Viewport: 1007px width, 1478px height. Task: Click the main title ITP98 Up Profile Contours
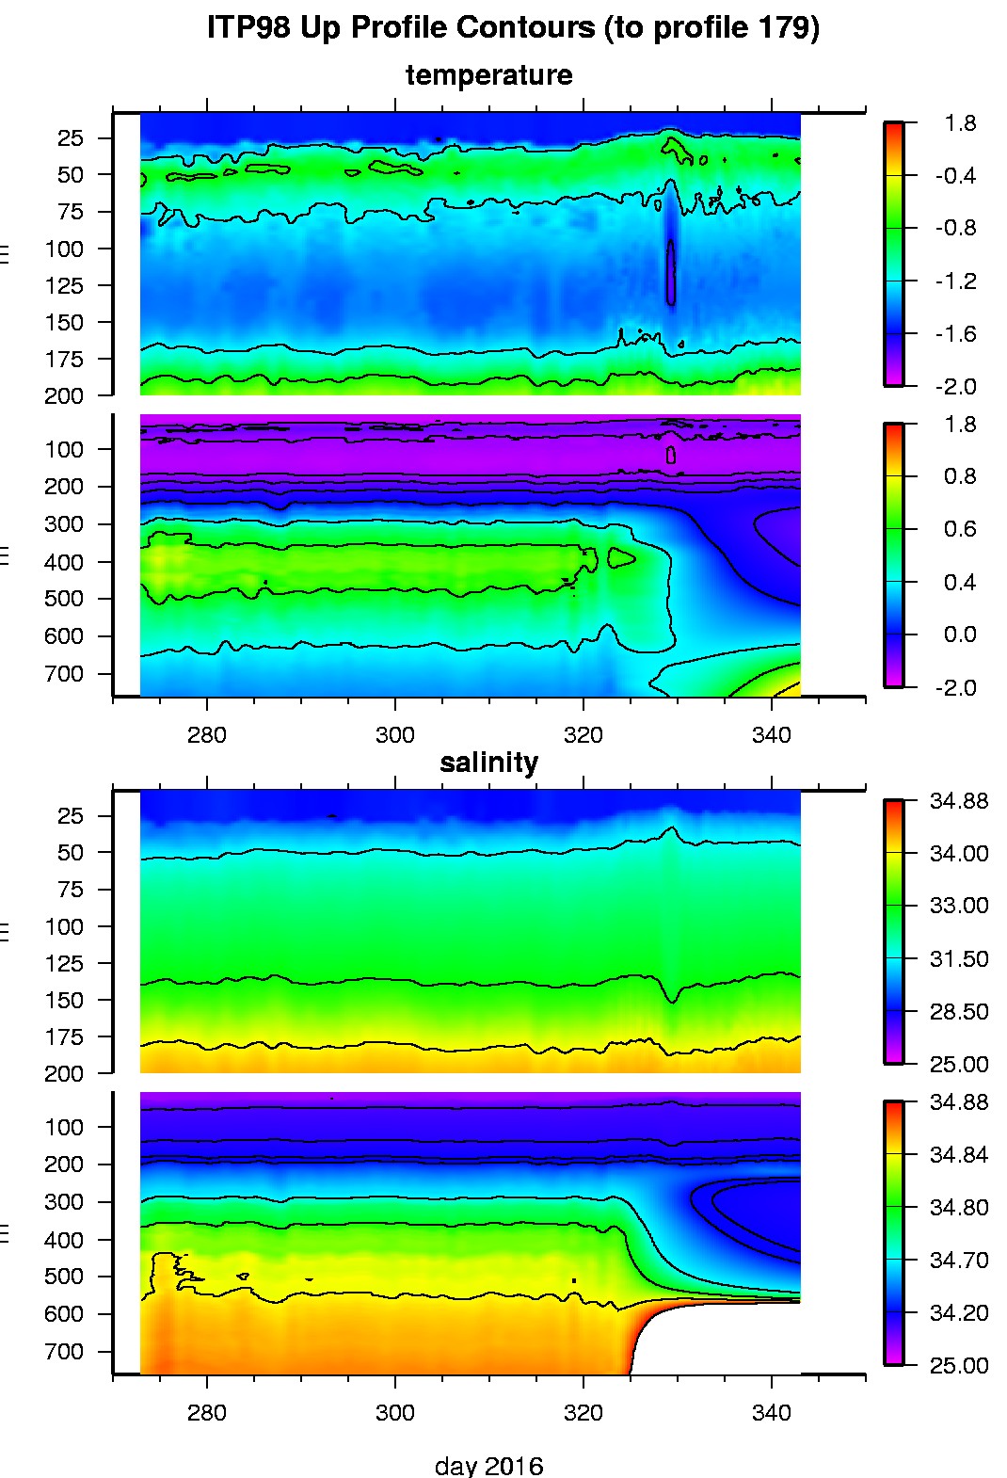point(513,27)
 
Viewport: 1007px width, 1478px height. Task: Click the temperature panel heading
point(488,75)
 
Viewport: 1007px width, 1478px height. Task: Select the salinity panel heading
point(488,763)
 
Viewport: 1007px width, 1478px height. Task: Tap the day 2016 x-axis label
point(488,1466)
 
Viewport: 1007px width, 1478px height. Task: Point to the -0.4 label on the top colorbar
point(955,176)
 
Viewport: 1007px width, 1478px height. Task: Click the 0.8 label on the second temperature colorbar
point(959,476)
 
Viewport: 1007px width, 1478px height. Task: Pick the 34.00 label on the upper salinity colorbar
point(959,853)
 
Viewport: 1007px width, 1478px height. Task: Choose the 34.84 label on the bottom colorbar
point(959,1154)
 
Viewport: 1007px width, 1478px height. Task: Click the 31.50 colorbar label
point(959,958)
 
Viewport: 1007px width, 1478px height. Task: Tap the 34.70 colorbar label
point(959,1260)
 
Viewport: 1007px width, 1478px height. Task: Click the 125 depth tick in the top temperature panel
point(64,285)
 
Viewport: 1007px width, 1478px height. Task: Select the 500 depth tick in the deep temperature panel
point(64,599)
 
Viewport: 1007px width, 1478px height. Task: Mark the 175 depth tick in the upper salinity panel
point(64,1037)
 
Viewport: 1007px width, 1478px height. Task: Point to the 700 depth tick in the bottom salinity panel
point(64,1352)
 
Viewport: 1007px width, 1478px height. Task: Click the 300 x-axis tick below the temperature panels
point(394,735)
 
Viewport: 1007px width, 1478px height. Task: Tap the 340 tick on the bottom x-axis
point(771,1413)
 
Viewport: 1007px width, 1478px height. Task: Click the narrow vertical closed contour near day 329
point(671,273)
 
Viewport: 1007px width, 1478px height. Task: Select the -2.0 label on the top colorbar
point(955,387)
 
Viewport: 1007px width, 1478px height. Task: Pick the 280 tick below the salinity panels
point(206,1413)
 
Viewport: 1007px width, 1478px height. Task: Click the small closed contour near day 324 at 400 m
point(621,558)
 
